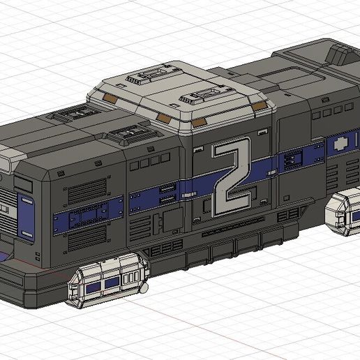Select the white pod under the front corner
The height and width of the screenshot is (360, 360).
pos(110,280)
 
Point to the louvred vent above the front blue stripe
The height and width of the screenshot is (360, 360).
pos(77,188)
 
